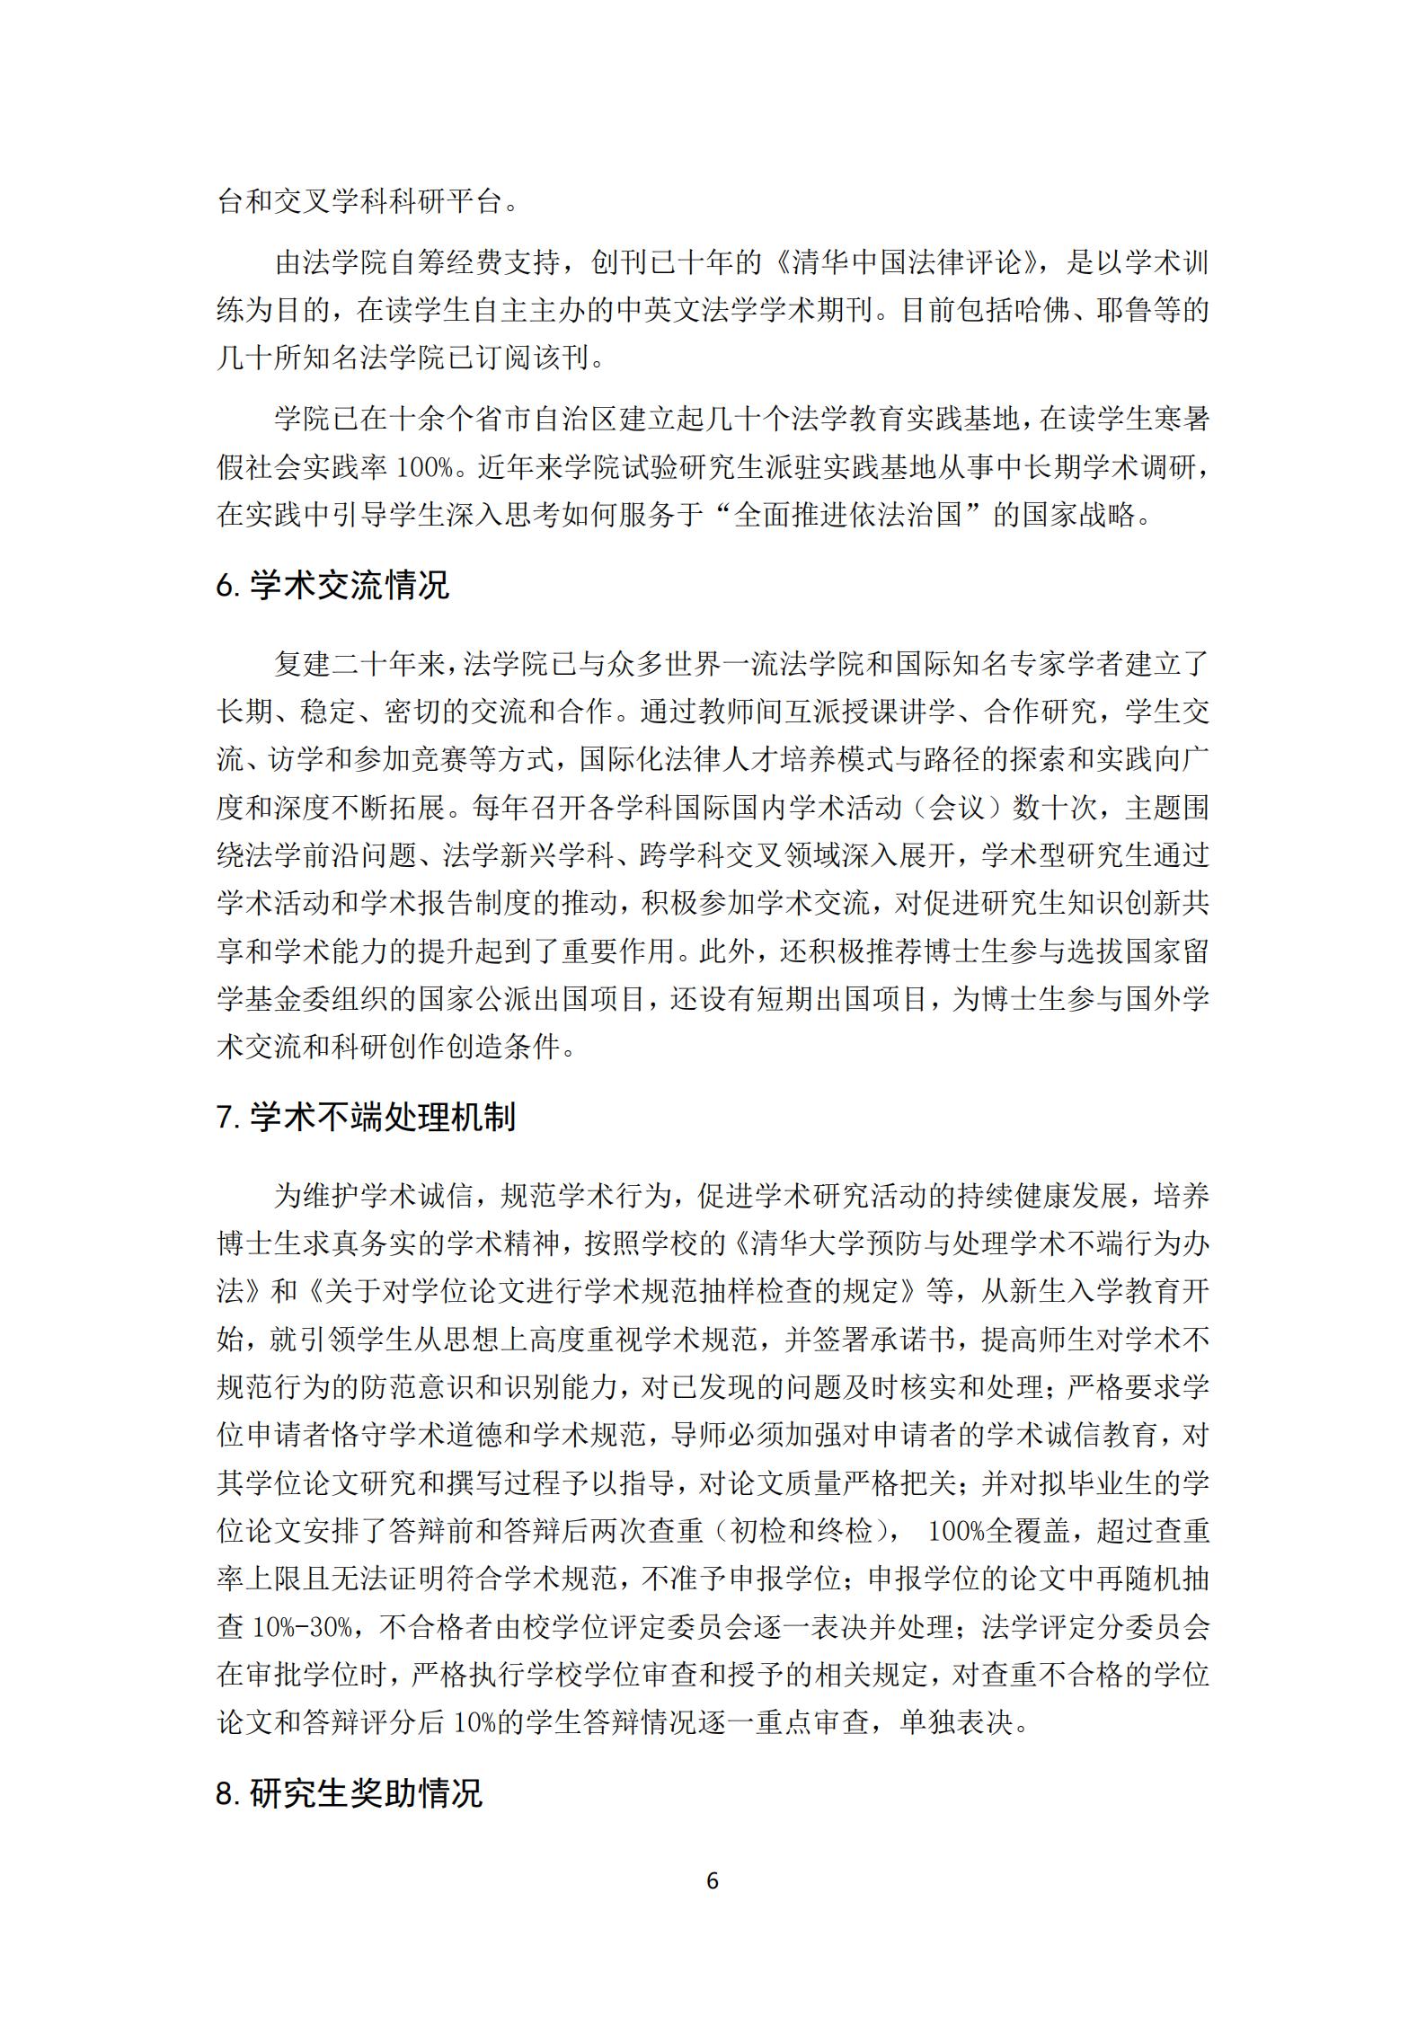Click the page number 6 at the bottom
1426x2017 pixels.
coord(713,1880)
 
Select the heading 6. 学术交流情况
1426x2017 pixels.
coord(332,586)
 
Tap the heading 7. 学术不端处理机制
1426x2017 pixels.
coord(366,1118)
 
